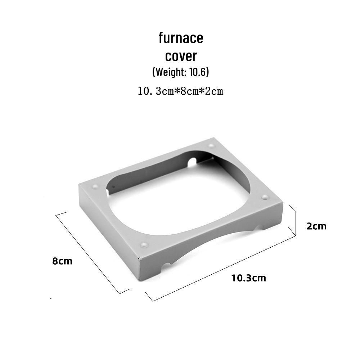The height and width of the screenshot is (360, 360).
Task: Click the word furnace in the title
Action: [x=181, y=38]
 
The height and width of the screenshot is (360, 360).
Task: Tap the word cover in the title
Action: [x=181, y=56]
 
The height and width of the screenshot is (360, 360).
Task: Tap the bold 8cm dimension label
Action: [x=62, y=261]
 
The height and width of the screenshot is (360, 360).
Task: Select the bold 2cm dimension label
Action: [x=316, y=226]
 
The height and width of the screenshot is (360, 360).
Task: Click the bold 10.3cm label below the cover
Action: [x=249, y=278]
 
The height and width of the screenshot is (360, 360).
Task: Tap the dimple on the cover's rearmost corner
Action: [x=211, y=146]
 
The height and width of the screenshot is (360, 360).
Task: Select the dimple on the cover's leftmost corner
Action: [x=95, y=187]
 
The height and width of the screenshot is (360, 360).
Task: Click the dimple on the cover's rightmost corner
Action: [x=265, y=197]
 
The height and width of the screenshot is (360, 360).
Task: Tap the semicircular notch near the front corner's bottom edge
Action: [x=166, y=266]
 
